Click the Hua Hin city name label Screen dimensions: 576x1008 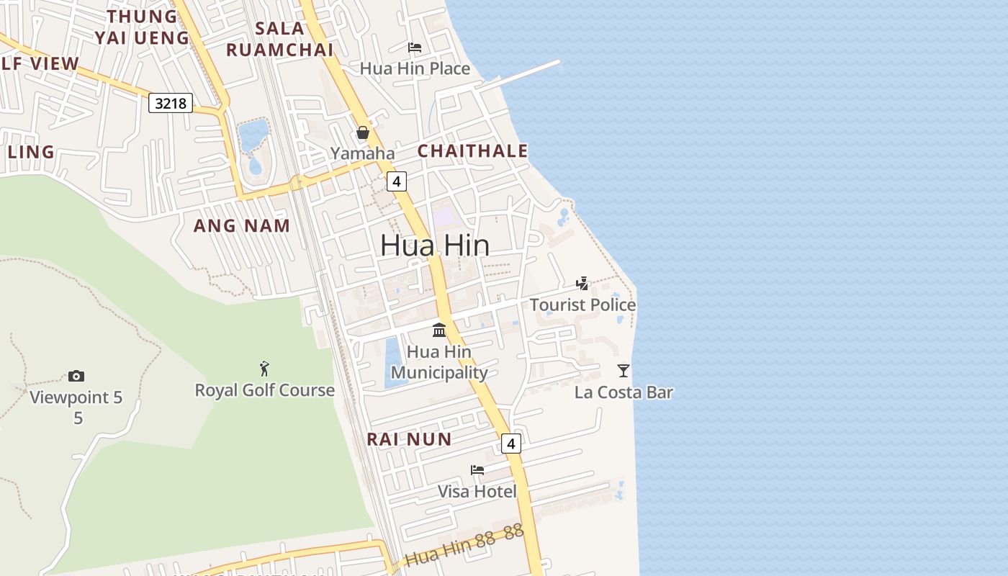(435, 246)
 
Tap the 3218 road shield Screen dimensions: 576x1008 (171, 103)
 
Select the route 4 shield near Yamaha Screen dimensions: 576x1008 (397, 181)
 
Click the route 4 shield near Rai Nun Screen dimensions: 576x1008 (511, 443)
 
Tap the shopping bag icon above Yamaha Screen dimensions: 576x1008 (363, 132)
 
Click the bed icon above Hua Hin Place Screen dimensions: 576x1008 (415, 48)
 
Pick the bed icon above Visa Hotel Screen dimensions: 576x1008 (477, 470)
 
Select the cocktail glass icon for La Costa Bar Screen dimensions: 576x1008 (624, 371)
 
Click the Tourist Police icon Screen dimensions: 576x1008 (582, 284)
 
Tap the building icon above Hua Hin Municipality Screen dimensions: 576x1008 (439, 330)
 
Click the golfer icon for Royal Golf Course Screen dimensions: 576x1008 (264, 369)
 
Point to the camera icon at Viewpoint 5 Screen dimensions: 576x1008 (76, 376)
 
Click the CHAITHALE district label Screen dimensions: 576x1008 (472, 151)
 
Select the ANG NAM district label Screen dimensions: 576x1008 (242, 225)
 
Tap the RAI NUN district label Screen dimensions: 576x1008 (409, 439)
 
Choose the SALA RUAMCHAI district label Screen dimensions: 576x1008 (279, 40)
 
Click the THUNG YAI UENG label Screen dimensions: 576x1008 (142, 27)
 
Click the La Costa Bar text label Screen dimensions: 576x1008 (624, 392)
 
